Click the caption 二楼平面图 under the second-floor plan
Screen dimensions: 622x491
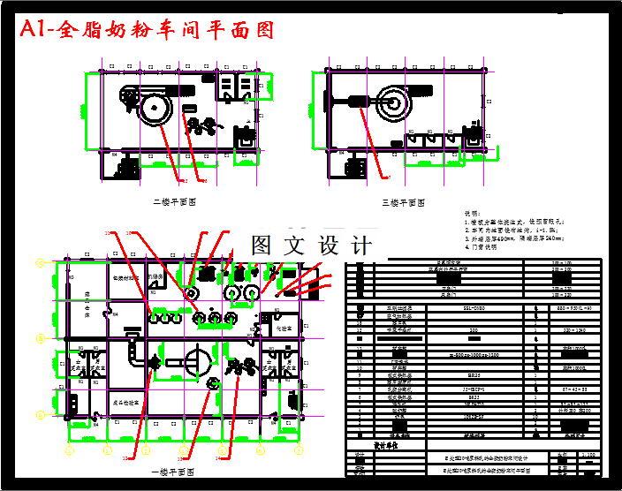point(174,202)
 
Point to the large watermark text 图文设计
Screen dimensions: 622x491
point(311,245)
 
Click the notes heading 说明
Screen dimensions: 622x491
point(474,213)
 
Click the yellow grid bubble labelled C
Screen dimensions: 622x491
point(40,263)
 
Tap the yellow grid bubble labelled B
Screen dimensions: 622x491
point(40,338)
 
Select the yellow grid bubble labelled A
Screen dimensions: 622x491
point(40,414)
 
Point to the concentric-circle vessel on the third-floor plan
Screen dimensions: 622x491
point(391,105)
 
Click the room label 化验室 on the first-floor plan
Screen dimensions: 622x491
point(280,328)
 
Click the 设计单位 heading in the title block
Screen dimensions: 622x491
point(388,445)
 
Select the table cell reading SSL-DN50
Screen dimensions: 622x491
point(474,308)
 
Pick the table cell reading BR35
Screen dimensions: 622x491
point(474,374)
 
